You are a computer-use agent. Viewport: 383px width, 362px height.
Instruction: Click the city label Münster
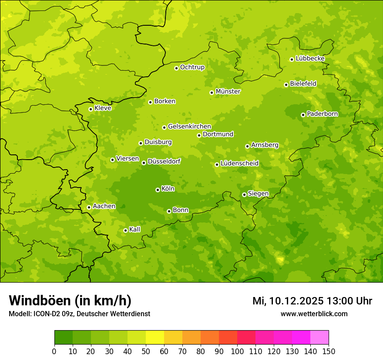click(x=228, y=92)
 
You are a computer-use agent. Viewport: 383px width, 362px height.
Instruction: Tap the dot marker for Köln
click(x=158, y=190)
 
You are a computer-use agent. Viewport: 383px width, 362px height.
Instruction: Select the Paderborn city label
click(x=322, y=114)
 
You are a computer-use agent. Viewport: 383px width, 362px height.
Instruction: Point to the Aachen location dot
click(x=89, y=207)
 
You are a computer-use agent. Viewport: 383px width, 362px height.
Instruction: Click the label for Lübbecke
click(x=310, y=58)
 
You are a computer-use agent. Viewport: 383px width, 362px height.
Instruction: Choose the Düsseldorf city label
click(x=164, y=161)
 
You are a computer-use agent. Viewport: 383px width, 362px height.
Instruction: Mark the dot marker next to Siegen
click(x=244, y=195)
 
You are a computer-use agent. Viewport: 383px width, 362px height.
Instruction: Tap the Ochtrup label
click(x=192, y=67)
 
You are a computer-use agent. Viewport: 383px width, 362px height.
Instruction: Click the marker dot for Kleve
click(x=91, y=109)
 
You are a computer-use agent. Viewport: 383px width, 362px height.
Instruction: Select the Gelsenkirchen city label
click(x=189, y=126)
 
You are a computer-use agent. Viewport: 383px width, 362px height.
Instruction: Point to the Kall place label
click(x=134, y=229)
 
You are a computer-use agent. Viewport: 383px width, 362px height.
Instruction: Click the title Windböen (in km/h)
click(x=70, y=301)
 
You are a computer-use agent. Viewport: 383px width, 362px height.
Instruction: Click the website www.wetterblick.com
click(x=314, y=314)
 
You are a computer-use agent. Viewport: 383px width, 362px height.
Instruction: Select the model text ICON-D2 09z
click(x=52, y=314)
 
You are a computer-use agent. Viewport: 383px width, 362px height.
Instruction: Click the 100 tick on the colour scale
click(x=237, y=352)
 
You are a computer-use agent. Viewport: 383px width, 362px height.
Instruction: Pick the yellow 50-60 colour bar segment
click(x=155, y=338)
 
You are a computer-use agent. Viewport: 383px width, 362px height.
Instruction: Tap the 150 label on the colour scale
click(x=329, y=352)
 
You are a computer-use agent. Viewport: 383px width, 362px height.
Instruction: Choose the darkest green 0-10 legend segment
click(x=64, y=338)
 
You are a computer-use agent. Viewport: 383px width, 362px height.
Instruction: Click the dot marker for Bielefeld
click(x=286, y=85)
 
